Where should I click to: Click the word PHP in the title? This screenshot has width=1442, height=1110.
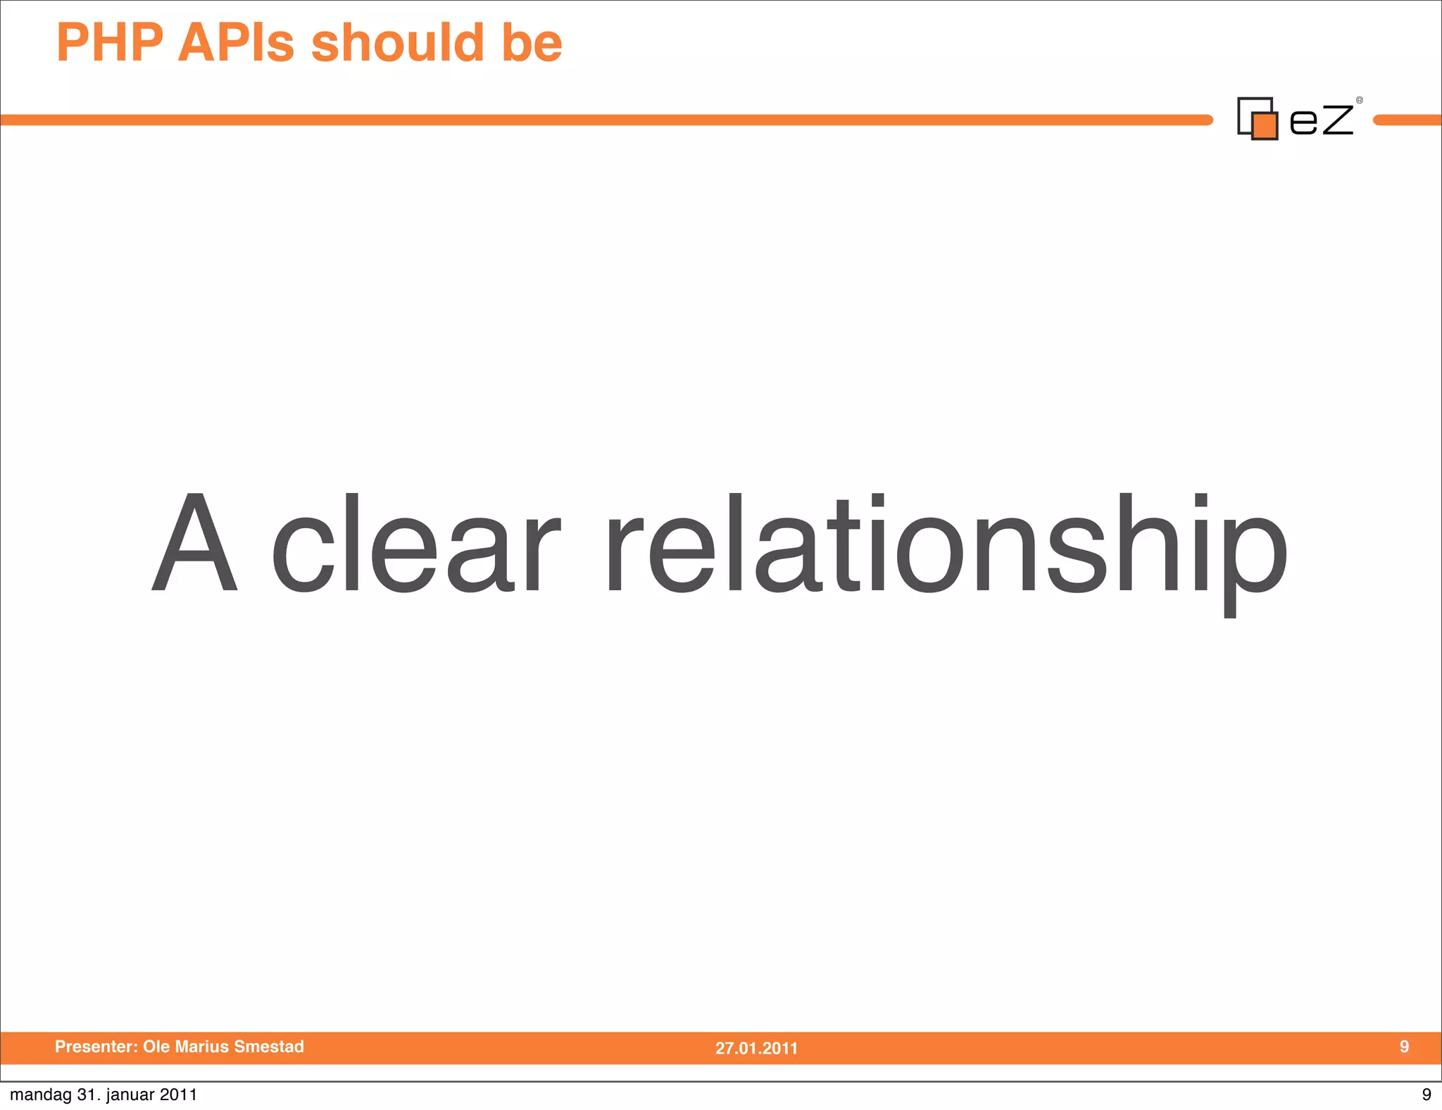tap(110, 43)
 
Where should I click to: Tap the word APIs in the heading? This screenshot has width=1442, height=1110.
tap(236, 43)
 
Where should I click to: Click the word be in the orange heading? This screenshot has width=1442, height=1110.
tap(532, 43)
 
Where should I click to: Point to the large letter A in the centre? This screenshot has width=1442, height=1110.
tap(194, 542)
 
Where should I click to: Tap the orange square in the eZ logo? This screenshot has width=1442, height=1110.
tap(1265, 126)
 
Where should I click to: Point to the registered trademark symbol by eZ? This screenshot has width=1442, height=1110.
tap(1360, 100)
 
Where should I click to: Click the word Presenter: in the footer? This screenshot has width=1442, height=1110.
tap(96, 1047)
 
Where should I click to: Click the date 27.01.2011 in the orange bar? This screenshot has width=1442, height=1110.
tap(756, 1048)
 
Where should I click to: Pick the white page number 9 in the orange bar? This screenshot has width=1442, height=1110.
tap(1404, 1047)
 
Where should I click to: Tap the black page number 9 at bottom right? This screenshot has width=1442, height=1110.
tap(1427, 1095)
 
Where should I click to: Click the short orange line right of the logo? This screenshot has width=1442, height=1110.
tap(1407, 120)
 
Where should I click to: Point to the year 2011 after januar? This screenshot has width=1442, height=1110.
tap(178, 1095)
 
